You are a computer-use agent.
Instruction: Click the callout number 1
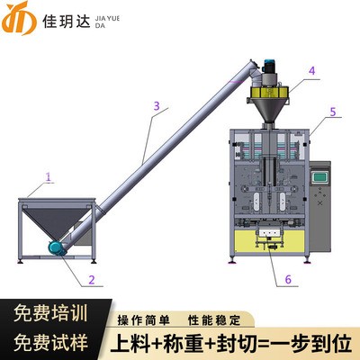click(x=49, y=176)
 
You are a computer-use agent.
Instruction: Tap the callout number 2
click(x=92, y=280)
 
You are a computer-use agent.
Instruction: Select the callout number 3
click(x=157, y=105)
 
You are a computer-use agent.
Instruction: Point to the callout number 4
click(x=312, y=71)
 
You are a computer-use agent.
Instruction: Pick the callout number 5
click(x=333, y=112)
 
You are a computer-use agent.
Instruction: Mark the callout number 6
click(x=288, y=279)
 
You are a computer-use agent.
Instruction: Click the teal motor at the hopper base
click(x=58, y=247)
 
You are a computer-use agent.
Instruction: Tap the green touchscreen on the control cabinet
click(x=319, y=177)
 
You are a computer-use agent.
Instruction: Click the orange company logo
click(x=19, y=18)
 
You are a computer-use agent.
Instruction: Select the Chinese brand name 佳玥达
click(x=67, y=22)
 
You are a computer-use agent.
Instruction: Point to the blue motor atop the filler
click(x=269, y=66)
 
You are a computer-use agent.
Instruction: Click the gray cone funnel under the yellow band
click(x=268, y=110)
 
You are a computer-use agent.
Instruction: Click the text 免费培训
click(x=50, y=313)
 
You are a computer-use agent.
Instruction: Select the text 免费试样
click(x=50, y=342)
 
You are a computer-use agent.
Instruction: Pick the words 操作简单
click(x=144, y=320)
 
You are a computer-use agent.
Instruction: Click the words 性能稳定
click(x=214, y=320)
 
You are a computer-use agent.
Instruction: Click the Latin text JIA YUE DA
click(x=107, y=22)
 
